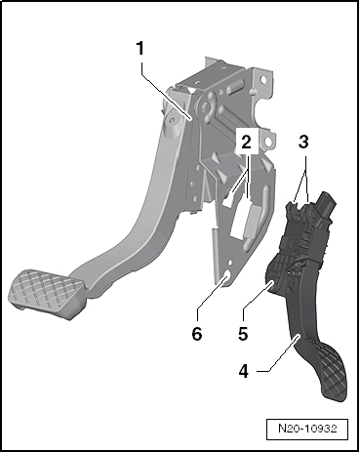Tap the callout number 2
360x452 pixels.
(x=248, y=143)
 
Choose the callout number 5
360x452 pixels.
(x=244, y=332)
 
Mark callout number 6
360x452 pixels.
(x=198, y=332)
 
